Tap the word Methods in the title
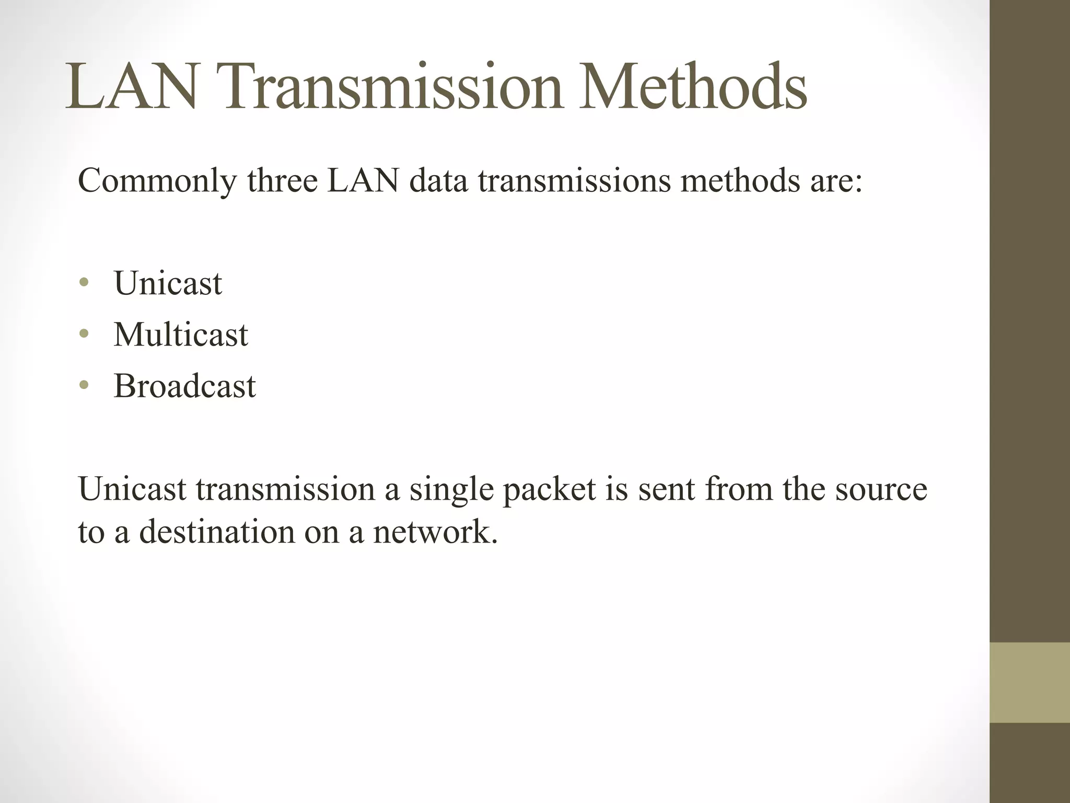[693, 87]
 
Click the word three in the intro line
[283, 181]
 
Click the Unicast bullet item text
[168, 283]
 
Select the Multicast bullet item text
[181, 335]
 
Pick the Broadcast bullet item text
[184, 386]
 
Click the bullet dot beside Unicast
[84, 283]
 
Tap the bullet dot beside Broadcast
[84, 386]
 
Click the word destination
[217, 533]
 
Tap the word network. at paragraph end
[435, 533]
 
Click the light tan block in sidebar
[1030, 683]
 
